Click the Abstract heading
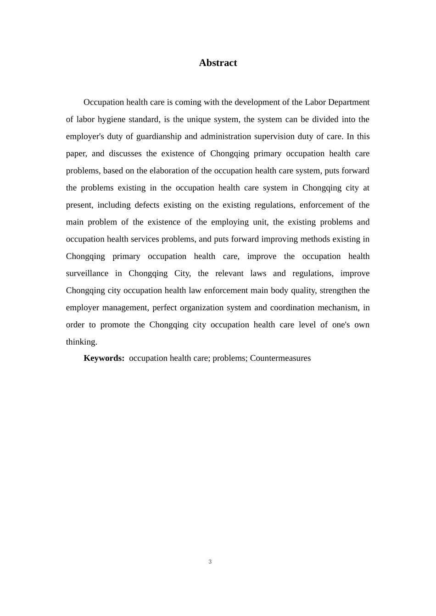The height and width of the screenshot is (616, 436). coord(218,63)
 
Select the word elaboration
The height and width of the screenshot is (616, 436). coord(174,170)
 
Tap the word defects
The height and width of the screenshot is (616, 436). coord(147,205)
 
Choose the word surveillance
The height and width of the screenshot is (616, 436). coord(87,273)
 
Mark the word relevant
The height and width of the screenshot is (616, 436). coord(229,273)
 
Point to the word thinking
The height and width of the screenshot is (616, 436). coord(81,342)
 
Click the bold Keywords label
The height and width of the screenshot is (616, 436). coord(104,358)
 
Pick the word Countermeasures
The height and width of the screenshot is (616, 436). coord(280,358)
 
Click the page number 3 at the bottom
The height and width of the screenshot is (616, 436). coord(210,562)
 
